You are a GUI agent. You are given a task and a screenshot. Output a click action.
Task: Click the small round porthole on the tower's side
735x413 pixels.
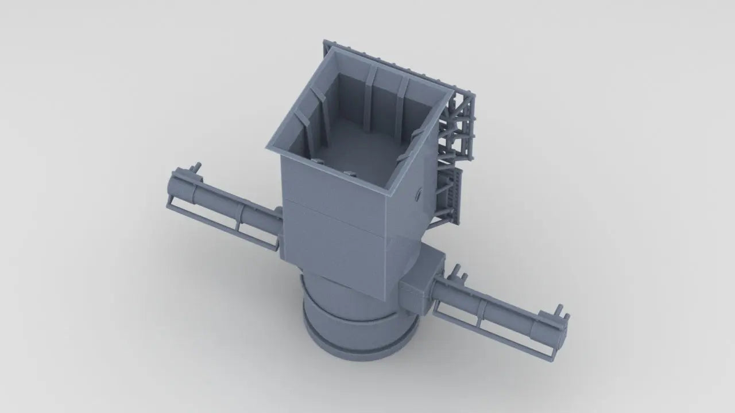pyautogui.click(x=417, y=194)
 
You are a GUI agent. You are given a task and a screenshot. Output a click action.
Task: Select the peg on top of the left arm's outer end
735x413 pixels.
pyautogui.click(x=198, y=167)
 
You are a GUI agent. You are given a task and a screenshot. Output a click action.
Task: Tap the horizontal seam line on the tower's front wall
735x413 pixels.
pyautogui.click(x=333, y=218)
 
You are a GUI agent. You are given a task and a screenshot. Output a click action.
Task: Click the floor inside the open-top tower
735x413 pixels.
pyautogui.click(x=362, y=149)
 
